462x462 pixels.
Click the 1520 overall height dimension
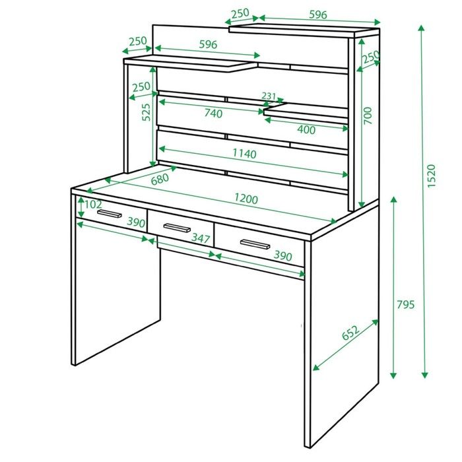pyautogui.click(x=431, y=176)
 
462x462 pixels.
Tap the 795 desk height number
pyautogui.click(x=406, y=304)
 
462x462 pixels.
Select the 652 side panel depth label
pyautogui.click(x=350, y=333)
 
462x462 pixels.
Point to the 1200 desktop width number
pyautogui.click(x=246, y=199)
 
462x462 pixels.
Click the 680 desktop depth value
pyautogui.click(x=160, y=179)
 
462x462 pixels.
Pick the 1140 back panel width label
pyautogui.click(x=245, y=154)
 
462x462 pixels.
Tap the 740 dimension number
pyautogui.click(x=213, y=113)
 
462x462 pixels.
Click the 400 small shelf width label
pyautogui.click(x=306, y=129)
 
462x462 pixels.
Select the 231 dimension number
pyautogui.click(x=269, y=96)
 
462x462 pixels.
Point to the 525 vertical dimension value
pyautogui.click(x=146, y=112)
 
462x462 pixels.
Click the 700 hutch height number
pyautogui.click(x=368, y=115)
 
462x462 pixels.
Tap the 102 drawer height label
pyautogui.click(x=93, y=204)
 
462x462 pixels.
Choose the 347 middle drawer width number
pyautogui.click(x=201, y=238)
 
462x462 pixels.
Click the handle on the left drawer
pyautogui.click(x=110, y=214)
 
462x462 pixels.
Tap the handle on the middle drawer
pyautogui.click(x=177, y=228)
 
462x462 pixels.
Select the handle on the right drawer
pyautogui.click(x=255, y=244)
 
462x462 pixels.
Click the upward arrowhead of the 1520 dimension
pyautogui.click(x=421, y=28)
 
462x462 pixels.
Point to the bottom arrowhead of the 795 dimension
pyautogui.click(x=393, y=375)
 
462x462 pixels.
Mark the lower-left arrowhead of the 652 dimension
pyautogui.click(x=316, y=367)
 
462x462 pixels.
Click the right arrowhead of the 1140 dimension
pyautogui.click(x=345, y=174)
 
